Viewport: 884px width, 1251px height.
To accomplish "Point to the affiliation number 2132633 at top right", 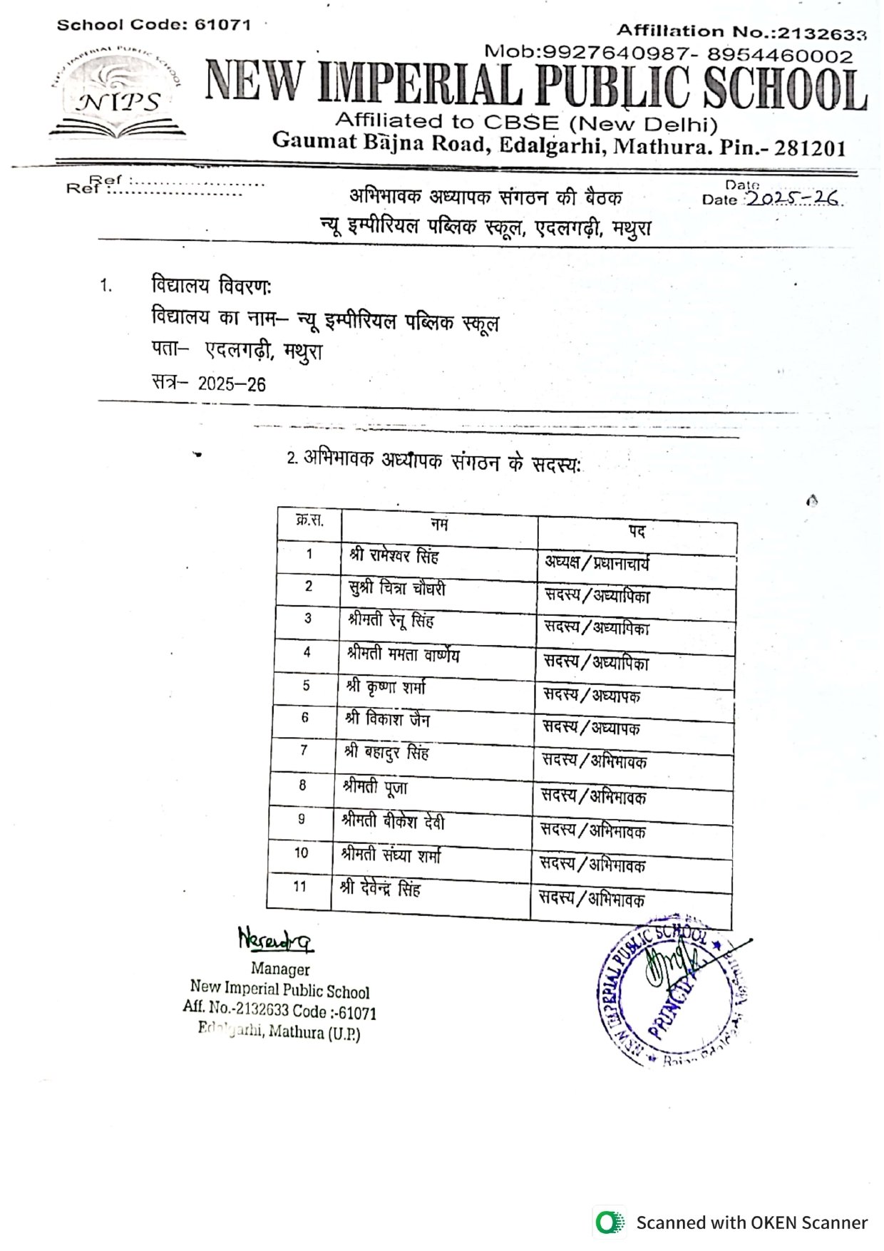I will [x=821, y=33].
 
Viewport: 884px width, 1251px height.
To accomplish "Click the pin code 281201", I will [x=810, y=148].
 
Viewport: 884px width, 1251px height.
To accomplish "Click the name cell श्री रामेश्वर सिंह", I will [x=394, y=555].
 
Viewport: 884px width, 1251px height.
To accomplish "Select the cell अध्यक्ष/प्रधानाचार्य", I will [x=597, y=563].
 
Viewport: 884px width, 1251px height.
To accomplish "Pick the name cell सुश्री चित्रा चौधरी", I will [x=397, y=588].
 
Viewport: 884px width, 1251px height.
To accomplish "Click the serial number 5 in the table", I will [x=307, y=686].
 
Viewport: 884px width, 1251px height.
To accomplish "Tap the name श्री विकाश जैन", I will [x=388, y=719].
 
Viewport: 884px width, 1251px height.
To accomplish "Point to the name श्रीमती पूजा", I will [x=375, y=787].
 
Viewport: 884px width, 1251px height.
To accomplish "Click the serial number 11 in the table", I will [x=299, y=887].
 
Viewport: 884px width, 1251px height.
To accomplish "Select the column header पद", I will [x=637, y=532].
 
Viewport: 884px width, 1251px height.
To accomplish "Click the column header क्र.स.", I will [x=309, y=521].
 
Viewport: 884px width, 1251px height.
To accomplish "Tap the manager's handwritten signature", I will [x=275, y=940].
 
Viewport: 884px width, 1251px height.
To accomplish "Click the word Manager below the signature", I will [x=280, y=969].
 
